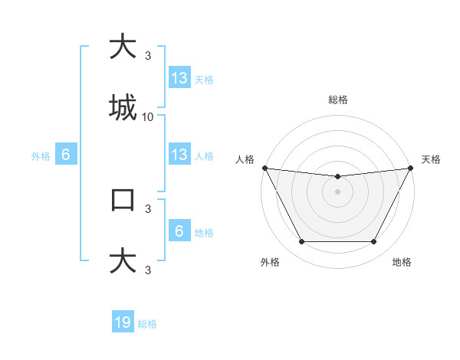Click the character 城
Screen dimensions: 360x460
123,107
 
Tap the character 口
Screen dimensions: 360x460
123,200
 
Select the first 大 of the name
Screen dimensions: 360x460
123,47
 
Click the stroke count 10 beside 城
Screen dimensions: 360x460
148,116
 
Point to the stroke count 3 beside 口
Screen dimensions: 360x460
148,208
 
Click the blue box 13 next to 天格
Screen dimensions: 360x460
179,77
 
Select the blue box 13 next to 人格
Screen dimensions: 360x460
179,154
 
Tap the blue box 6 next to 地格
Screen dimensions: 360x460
179,231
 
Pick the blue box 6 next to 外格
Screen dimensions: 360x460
66,154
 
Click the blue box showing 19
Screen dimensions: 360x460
123,322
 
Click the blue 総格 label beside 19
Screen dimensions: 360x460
147,324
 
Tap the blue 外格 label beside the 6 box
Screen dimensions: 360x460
41,156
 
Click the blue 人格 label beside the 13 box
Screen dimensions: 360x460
204,156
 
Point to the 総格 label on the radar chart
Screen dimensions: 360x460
338,100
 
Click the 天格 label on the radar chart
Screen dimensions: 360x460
432,159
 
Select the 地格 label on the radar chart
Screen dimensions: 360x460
402,263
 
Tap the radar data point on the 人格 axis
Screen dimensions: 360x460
265,168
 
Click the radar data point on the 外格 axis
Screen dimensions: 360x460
301,242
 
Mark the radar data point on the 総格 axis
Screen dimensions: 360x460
338,177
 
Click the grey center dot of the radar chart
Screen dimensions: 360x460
338,191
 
